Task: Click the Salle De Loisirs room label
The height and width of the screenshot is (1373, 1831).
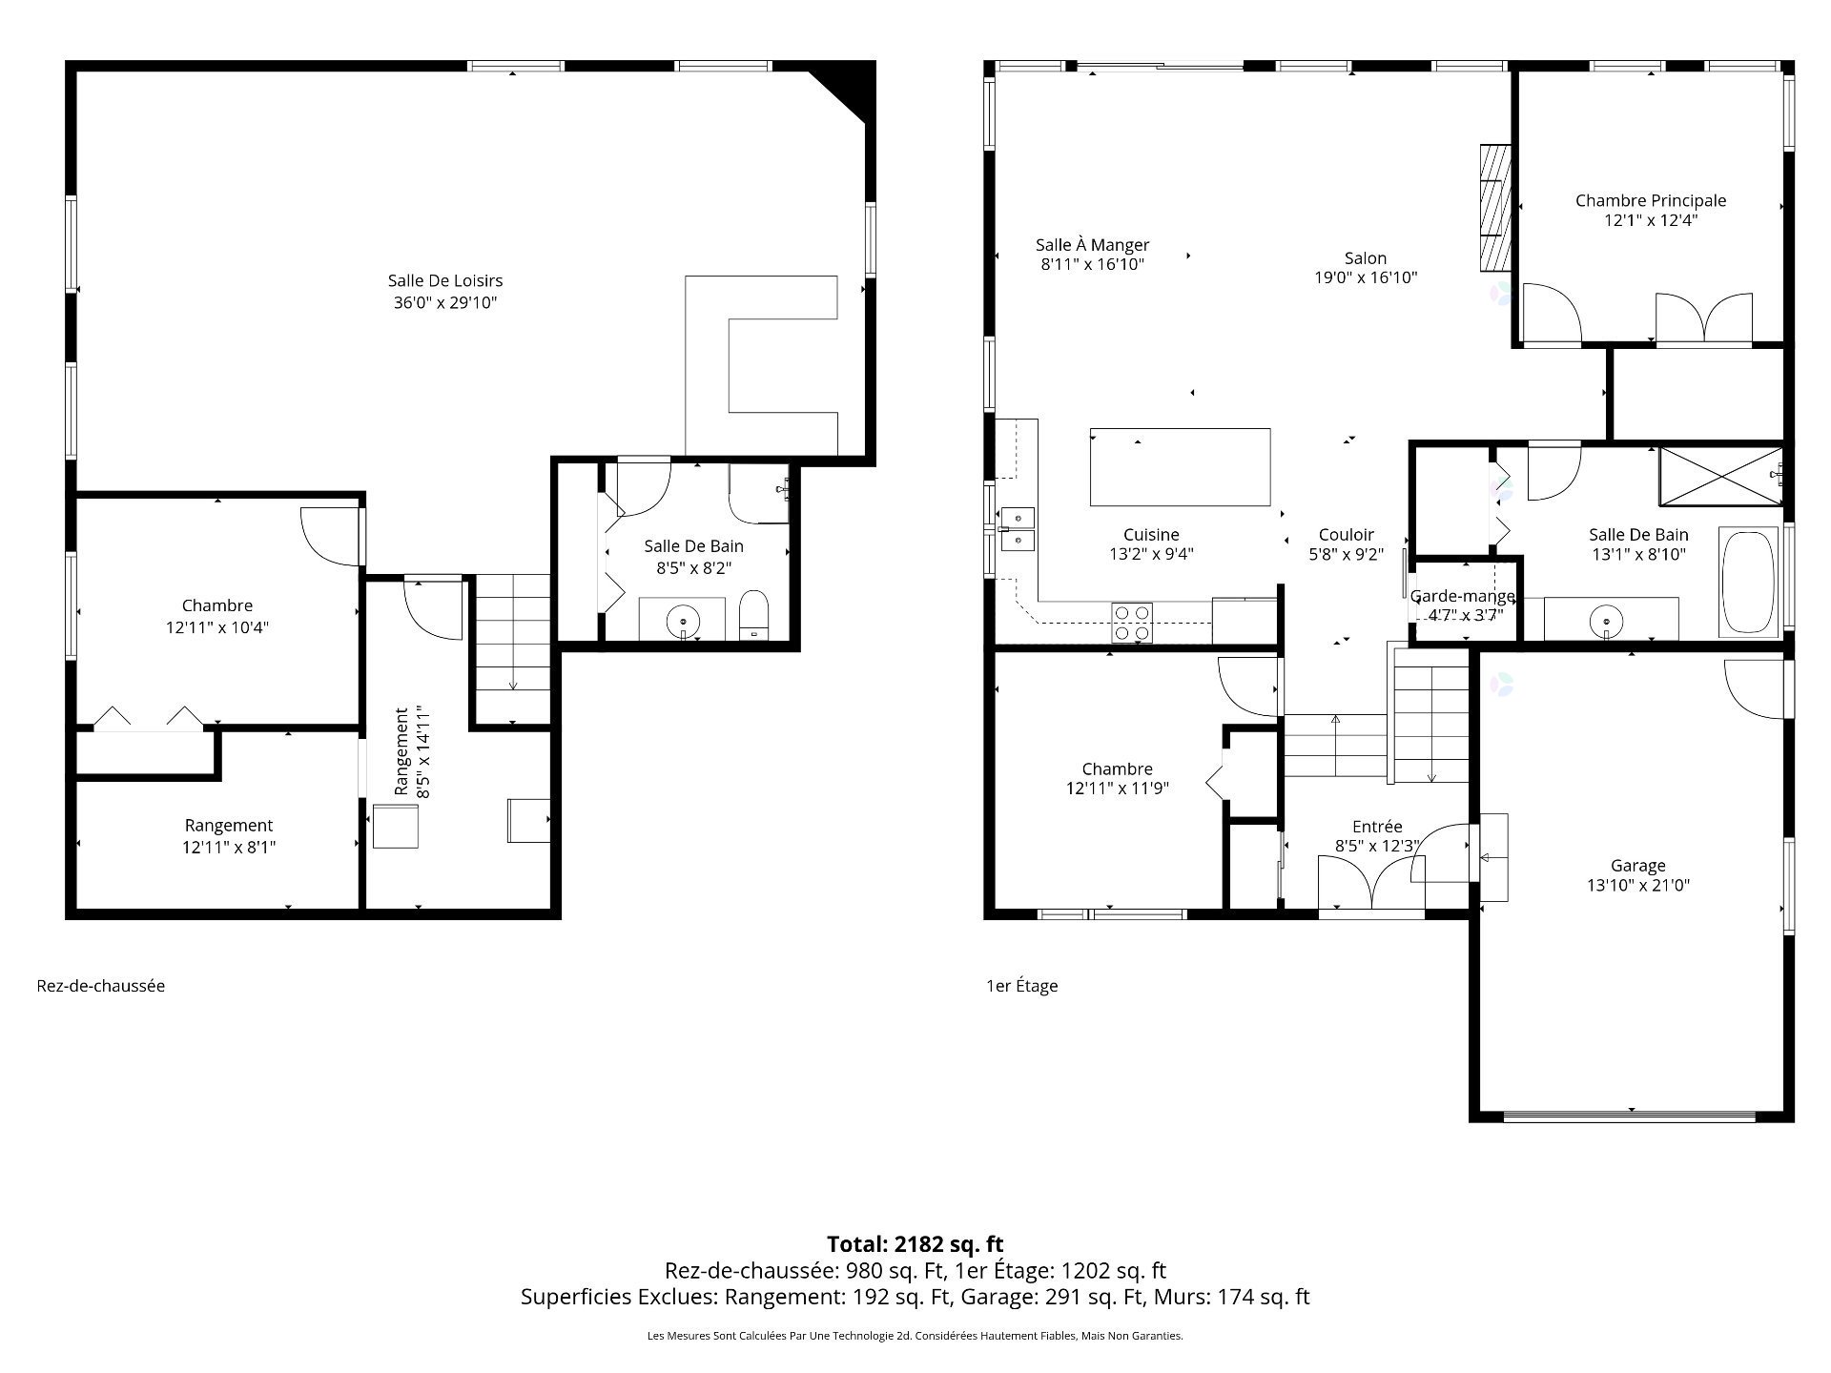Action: click(x=445, y=281)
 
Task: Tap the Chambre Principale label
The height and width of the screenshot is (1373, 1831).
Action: click(x=1651, y=200)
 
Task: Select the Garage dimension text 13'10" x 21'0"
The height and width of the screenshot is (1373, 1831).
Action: click(x=1638, y=885)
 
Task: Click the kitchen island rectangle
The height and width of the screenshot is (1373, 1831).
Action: click(x=1180, y=467)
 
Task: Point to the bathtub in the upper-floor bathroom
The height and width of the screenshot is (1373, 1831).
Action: click(x=1749, y=581)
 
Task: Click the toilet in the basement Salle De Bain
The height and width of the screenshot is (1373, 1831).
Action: click(x=754, y=615)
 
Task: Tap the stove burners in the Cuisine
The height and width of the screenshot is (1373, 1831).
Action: click(x=1132, y=623)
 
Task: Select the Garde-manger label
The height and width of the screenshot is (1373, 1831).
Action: click(x=1463, y=596)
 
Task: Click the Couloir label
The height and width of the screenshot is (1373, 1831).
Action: click(x=1347, y=535)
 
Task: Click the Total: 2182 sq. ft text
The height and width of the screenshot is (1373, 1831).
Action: click(x=915, y=1244)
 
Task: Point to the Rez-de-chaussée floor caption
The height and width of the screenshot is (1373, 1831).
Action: click(x=101, y=986)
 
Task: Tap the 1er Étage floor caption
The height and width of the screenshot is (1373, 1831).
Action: click(x=1022, y=986)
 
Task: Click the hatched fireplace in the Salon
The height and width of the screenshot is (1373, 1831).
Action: click(x=1494, y=206)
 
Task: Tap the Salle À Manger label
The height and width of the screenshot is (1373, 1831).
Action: click(x=1093, y=245)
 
